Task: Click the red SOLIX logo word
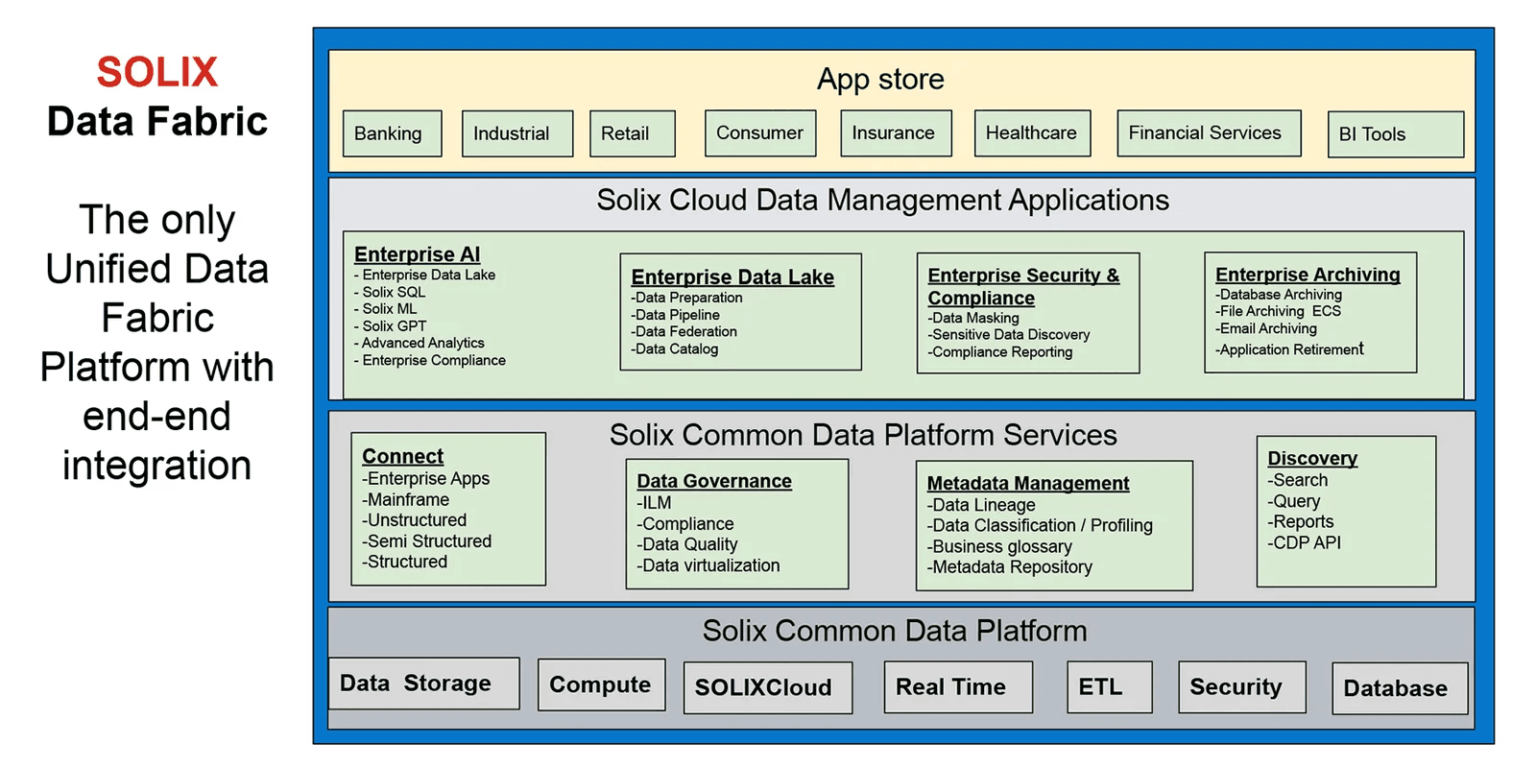157,72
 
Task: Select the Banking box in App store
392,133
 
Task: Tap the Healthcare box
1032,132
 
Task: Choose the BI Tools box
1395,134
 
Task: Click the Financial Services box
1208,132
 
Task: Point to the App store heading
880,79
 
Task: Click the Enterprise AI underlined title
417,254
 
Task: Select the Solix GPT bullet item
394,326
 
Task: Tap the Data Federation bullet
685,332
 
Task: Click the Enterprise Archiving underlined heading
1308,275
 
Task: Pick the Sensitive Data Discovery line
1010,335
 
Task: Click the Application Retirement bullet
1290,349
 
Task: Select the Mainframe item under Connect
407,500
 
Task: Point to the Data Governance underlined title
714,481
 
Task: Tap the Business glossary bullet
1000,547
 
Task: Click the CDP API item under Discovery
1306,543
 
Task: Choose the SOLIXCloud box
766,687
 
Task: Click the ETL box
1108,686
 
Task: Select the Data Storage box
422,684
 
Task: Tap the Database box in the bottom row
1398,688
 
